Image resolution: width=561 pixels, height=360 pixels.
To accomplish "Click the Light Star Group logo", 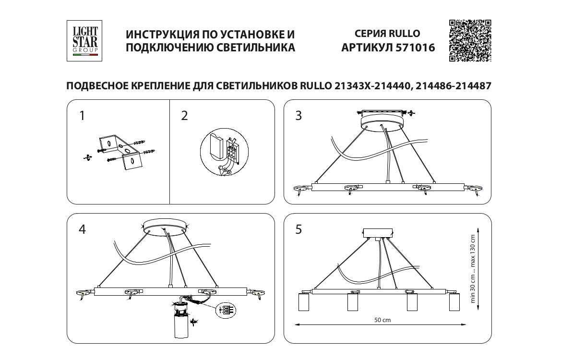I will (85, 41).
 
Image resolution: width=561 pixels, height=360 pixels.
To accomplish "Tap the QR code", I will (470, 41).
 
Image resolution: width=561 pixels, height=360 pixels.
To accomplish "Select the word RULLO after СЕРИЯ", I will (404, 34).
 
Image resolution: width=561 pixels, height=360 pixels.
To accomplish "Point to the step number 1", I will (82, 116).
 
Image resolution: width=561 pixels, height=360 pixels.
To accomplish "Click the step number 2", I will (185, 116).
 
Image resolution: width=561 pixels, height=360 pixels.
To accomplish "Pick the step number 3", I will (298, 116).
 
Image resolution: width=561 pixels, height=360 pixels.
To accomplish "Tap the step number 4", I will (82, 229).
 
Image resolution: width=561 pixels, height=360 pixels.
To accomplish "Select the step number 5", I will (298, 229).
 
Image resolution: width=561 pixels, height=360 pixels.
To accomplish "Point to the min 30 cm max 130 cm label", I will (473, 269).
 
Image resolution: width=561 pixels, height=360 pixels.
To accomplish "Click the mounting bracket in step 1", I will (119, 151).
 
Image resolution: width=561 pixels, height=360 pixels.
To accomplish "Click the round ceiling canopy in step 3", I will (382, 120).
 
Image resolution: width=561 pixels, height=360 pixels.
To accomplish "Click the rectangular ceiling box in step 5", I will (378, 232).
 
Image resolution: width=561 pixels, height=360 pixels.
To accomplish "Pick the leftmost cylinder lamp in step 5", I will (304, 302).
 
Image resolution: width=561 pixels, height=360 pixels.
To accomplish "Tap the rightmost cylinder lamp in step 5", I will (454, 302).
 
